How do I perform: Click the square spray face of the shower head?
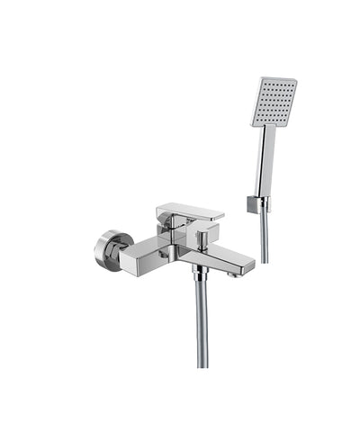click(x=274, y=101)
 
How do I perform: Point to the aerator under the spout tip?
click(x=237, y=274)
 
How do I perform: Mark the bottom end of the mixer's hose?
click(x=202, y=364)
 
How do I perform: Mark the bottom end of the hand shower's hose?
click(x=264, y=261)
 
